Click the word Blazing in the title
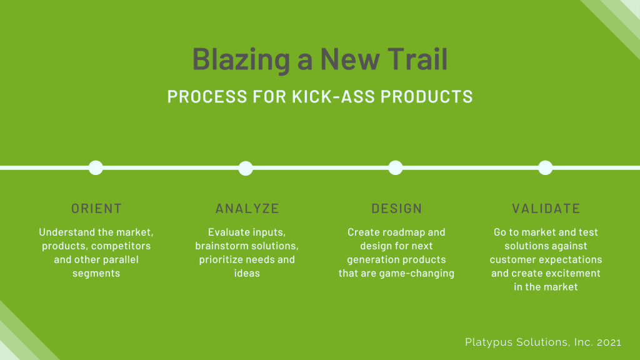click(x=241, y=59)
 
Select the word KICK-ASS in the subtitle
click(x=334, y=97)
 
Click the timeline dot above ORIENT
click(x=96, y=167)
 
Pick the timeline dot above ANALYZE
click(x=245, y=167)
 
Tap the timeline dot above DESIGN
click(x=395, y=167)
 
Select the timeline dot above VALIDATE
click(x=545, y=167)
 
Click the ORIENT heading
click(x=96, y=209)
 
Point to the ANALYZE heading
click(x=247, y=209)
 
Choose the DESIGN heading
click(x=396, y=209)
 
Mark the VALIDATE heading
click(x=546, y=209)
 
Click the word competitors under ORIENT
click(x=121, y=246)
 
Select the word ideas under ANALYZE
click(x=247, y=273)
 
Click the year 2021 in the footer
click(x=609, y=342)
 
